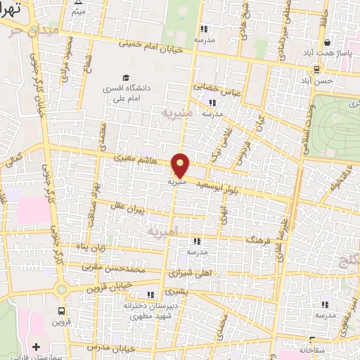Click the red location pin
(x=181, y=165)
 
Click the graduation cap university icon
(x=125, y=78)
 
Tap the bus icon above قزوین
(x=62, y=310)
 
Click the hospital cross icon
(x=37, y=346)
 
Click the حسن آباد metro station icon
(x=317, y=69)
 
